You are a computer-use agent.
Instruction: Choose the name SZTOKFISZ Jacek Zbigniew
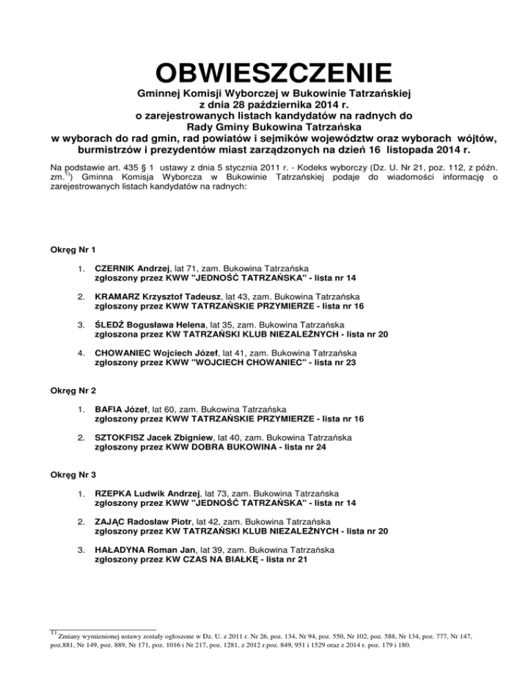[156, 437]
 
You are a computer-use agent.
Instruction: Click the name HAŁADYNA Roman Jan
[140, 550]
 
